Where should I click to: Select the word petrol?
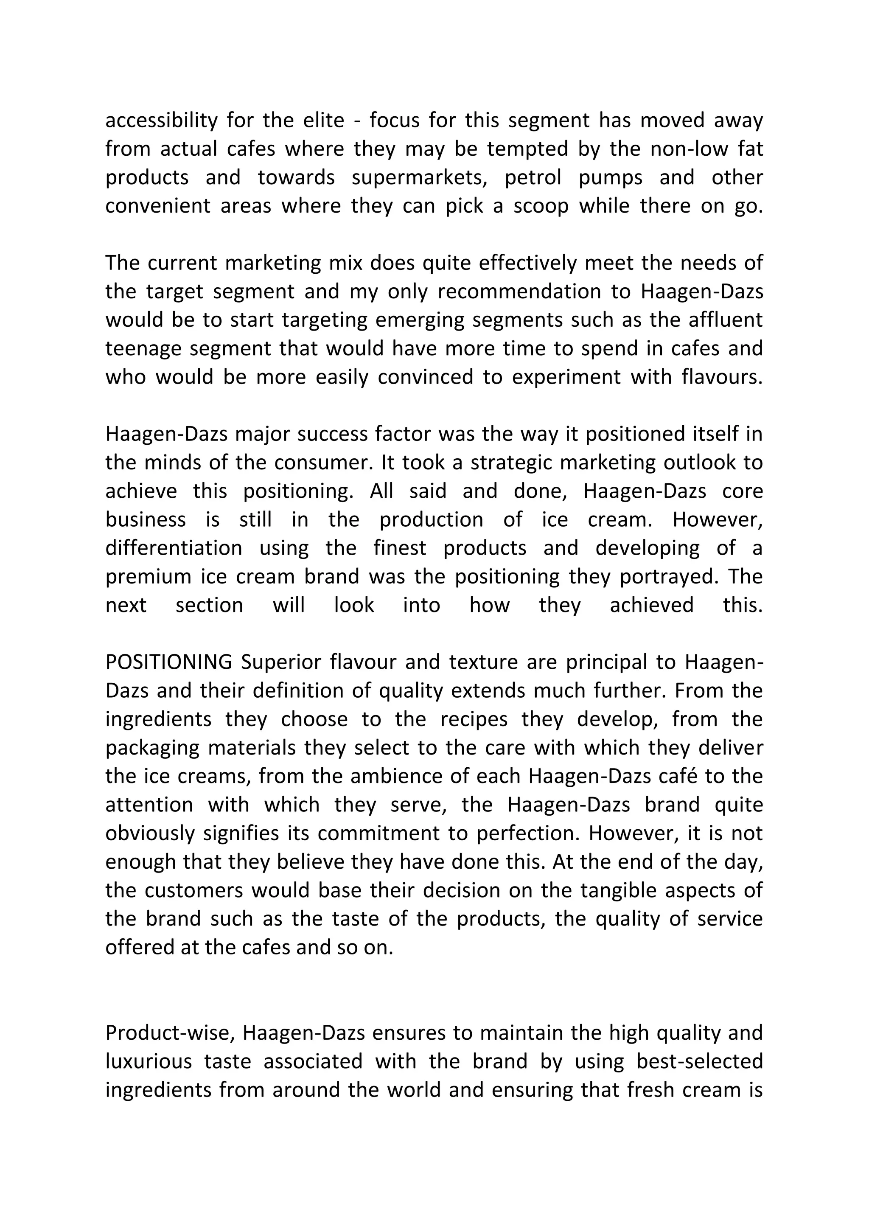point(533,178)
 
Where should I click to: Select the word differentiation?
point(174,549)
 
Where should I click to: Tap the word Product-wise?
point(171,1033)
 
